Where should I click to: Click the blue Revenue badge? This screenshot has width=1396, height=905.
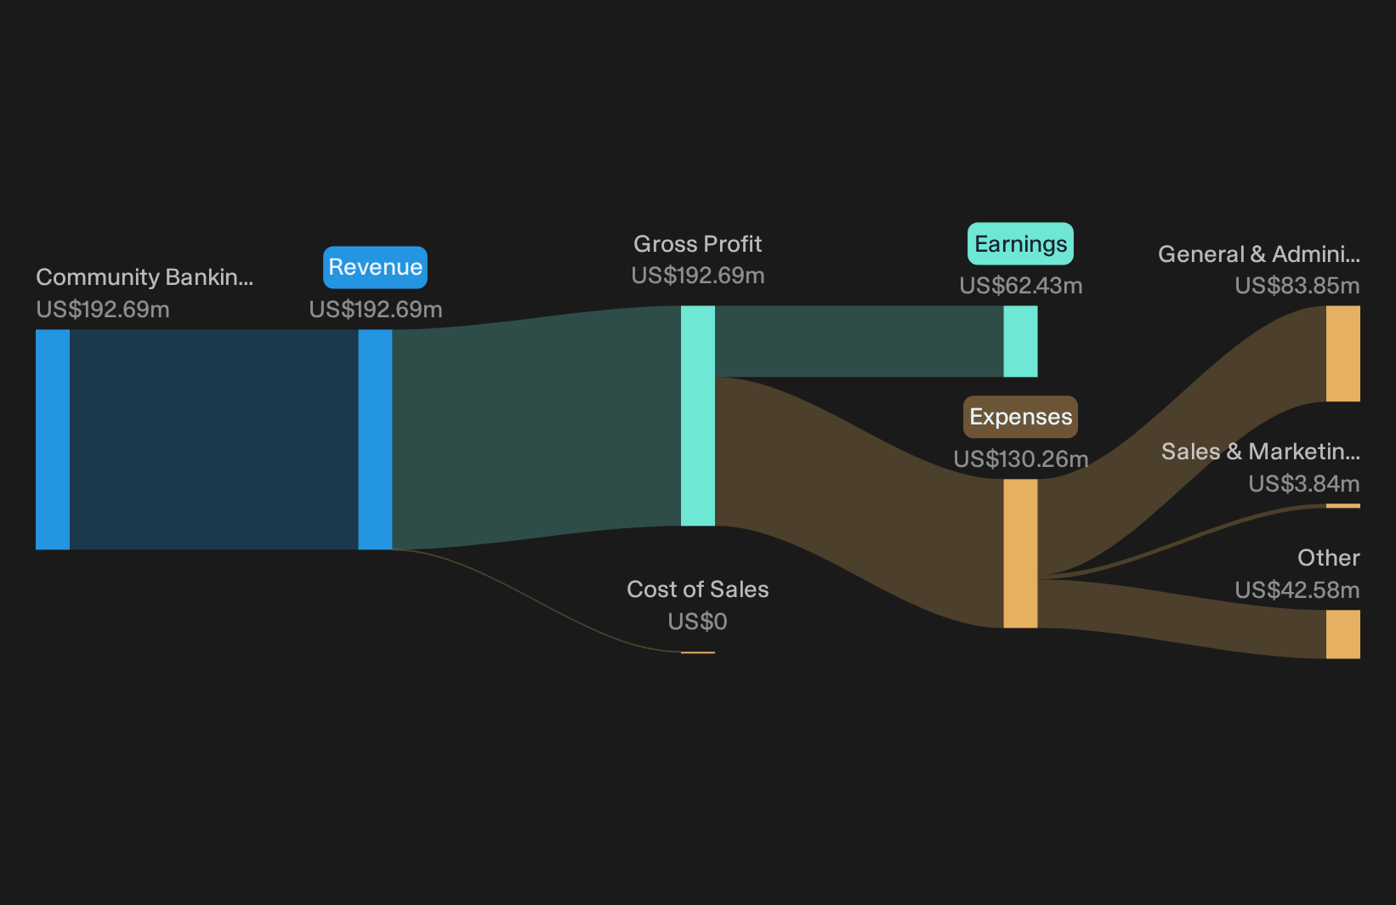pyautogui.click(x=375, y=267)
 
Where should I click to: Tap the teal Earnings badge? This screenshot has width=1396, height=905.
pyautogui.click(x=1020, y=244)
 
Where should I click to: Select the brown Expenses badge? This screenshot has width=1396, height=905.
pyautogui.click(x=1020, y=417)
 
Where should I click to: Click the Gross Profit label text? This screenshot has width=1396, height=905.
pyautogui.click(x=697, y=244)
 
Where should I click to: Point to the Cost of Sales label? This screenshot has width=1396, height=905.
pyautogui.click(x=697, y=589)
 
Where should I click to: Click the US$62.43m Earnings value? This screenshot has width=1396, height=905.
pyautogui.click(x=1021, y=286)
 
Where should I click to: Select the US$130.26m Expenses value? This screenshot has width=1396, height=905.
pyautogui.click(x=1021, y=459)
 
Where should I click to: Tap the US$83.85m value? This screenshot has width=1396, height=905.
pyautogui.click(x=1297, y=286)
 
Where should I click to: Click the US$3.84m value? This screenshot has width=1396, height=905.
pyautogui.click(x=1304, y=483)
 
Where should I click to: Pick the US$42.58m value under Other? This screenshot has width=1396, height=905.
pyautogui.click(x=1297, y=590)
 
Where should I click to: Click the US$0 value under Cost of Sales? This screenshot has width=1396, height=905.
pyautogui.click(x=697, y=621)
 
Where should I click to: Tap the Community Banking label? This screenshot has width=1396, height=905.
pyautogui.click(x=145, y=277)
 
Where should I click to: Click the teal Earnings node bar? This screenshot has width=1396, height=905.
pyautogui.click(x=1020, y=341)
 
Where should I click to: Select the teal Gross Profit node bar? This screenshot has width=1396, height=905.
pyautogui.click(x=697, y=415)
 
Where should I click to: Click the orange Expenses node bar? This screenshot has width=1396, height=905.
pyautogui.click(x=1020, y=553)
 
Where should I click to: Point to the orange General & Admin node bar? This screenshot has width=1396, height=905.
pyautogui.click(x=1343, y=354)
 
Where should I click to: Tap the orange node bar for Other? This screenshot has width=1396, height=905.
pyautogui.click(x=1343, y=635)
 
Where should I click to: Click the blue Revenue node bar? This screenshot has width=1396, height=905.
pyautogui.click(x=375, y=440)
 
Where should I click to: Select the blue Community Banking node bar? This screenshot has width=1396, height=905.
pyautogui.click(x=53, y=440)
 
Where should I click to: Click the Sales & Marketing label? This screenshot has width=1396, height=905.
pyautogui.click(x=1260, y=452)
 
